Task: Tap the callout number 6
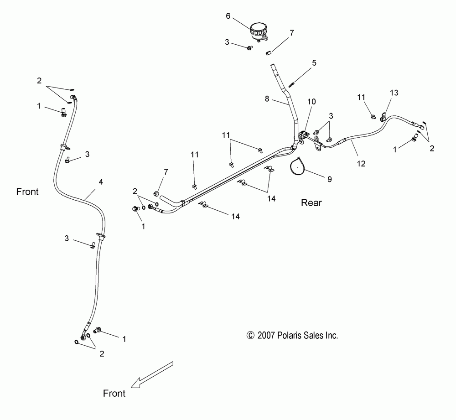228,15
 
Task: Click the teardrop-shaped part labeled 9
297,166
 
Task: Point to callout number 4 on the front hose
101,182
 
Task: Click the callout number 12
361,164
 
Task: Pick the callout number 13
394,93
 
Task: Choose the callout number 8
268,98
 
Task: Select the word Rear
311,202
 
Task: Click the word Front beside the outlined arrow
114,393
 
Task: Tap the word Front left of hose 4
27,192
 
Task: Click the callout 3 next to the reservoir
227,42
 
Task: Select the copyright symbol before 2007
250,336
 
